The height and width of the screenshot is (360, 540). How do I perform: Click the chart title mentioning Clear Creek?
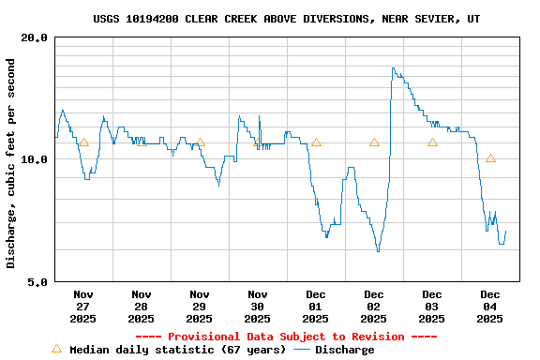[x=287, y=19]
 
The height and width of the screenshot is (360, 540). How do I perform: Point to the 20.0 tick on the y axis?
[x=35, y=37]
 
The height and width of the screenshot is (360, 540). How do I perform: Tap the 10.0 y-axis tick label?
[x=35, y=159]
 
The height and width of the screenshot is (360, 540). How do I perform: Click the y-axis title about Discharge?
[x=11, y=163]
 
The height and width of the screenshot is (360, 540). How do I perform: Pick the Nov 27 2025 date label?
[x=83, y=306]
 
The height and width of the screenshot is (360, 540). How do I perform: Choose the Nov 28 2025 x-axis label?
[x=142, y=306]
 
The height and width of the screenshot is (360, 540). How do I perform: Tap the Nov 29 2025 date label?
[x=200, y=306]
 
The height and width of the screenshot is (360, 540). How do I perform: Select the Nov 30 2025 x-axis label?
[x=258, y=306]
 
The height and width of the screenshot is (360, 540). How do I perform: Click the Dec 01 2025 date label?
[x=316, y=306]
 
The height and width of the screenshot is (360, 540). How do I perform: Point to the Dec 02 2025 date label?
[x=374, y=306]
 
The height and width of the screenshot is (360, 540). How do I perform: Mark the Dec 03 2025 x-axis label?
[x=432, y=306]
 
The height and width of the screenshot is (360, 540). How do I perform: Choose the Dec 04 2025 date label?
[x=490, y=306]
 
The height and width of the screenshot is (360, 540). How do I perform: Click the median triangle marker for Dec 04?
[x=490, y=158]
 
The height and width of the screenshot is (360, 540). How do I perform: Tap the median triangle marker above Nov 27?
[x=83, y=142]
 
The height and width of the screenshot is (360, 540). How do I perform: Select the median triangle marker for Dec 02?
[x=374, y=142]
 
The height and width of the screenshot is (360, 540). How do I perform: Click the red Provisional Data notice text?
[x=286, y=337]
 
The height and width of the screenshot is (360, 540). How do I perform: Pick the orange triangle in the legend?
[x=56, y=349]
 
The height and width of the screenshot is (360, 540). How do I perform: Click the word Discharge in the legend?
[x=344, y=350]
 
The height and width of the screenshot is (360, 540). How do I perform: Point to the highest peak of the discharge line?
[x=393, y=67]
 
